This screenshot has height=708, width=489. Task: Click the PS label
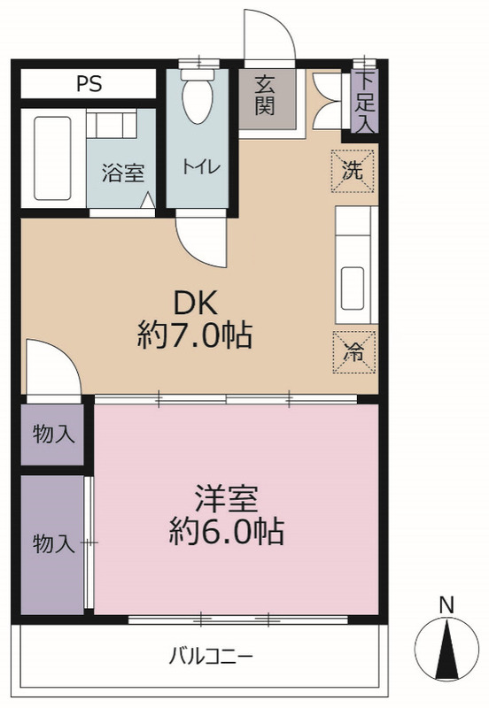pos(89,84)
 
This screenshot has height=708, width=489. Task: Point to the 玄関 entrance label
pos(265,97)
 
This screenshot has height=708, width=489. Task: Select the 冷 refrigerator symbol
pos(353,351)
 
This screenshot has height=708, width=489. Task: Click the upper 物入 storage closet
pos(53,434)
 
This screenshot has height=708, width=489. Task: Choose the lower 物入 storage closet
pos(53,543)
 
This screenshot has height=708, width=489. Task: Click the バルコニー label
pos(211,657)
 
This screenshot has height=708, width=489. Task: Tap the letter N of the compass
pos(447,605)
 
